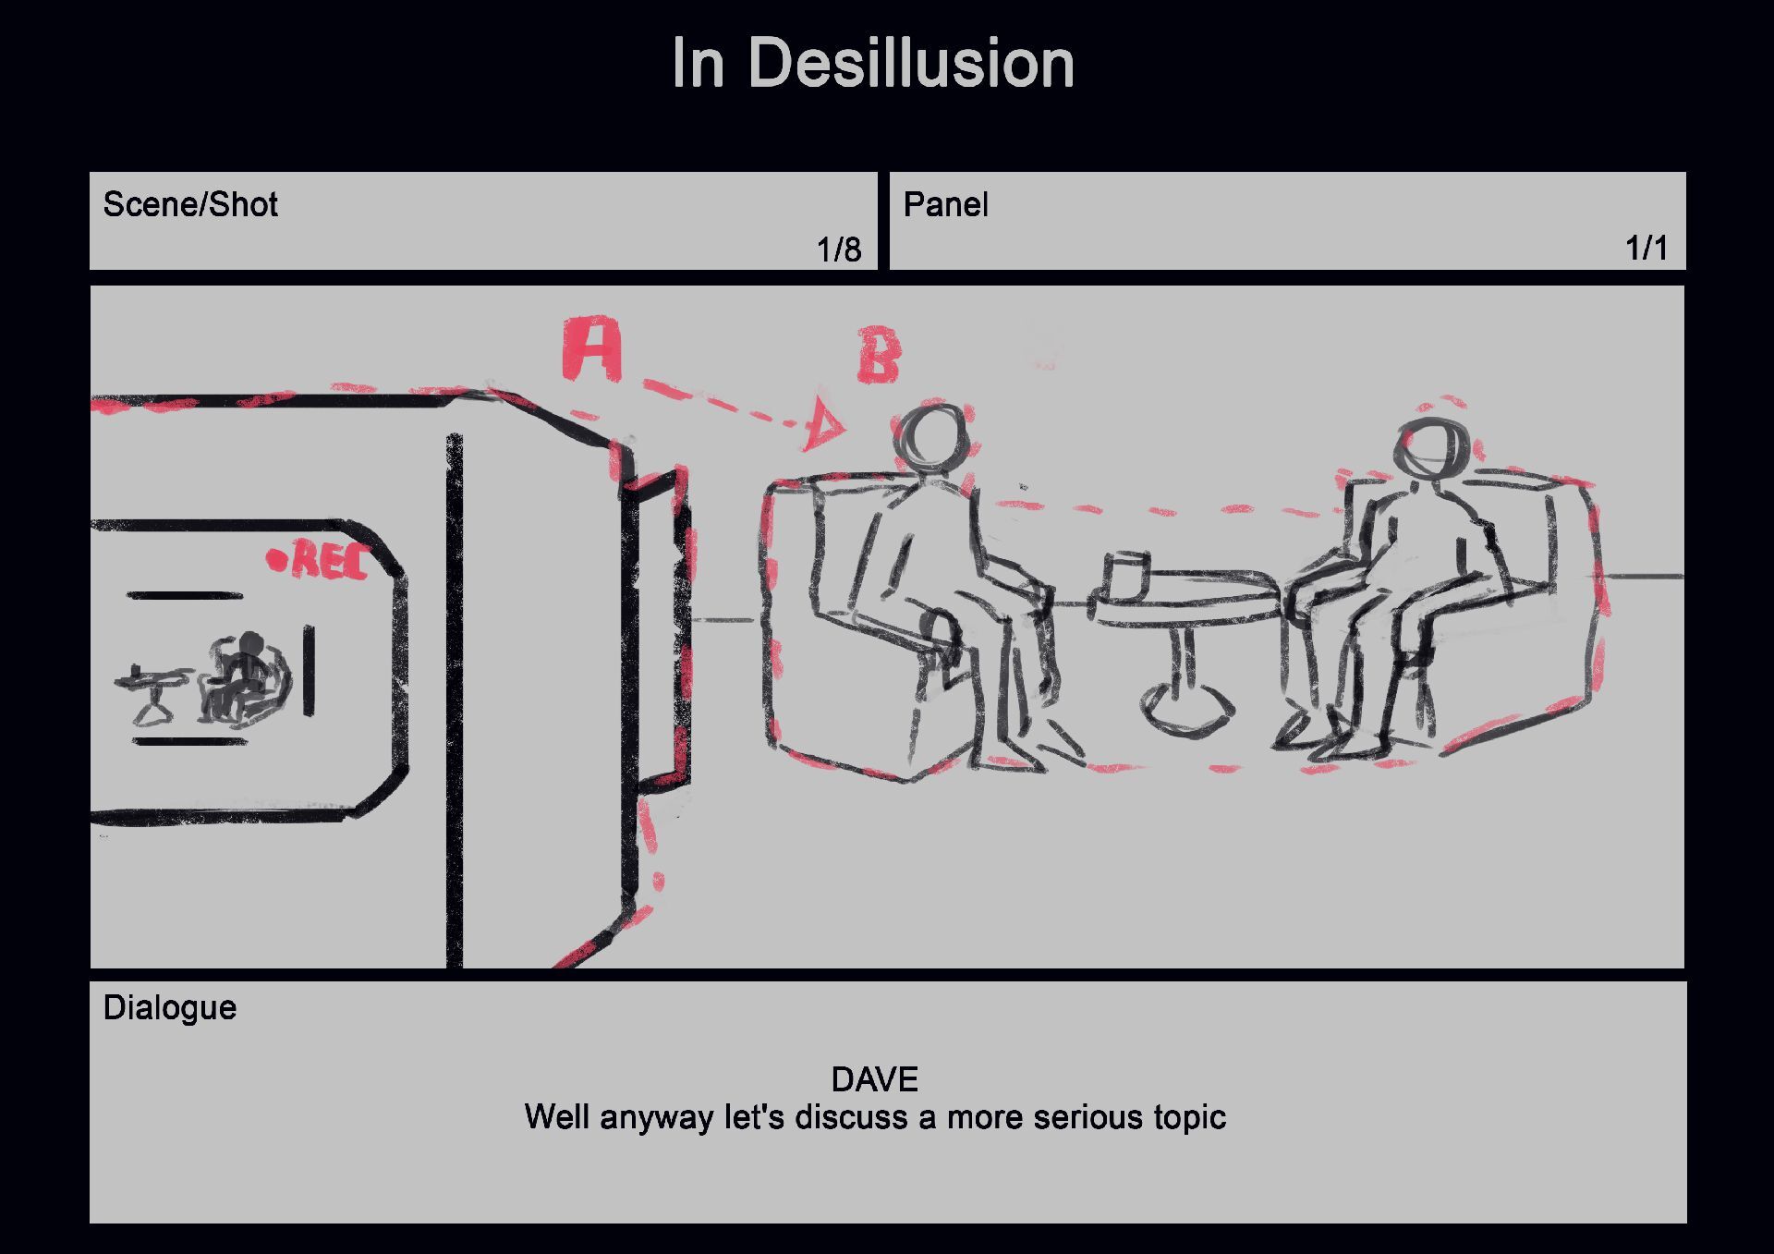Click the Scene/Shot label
[190, 204]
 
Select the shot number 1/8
[838, 250]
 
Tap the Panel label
[945, 204]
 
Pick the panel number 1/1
[1646, 248]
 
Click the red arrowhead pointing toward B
[822, 426]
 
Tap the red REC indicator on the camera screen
[319, 560]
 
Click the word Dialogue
[170, 1007]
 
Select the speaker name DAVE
[874, 1079]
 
